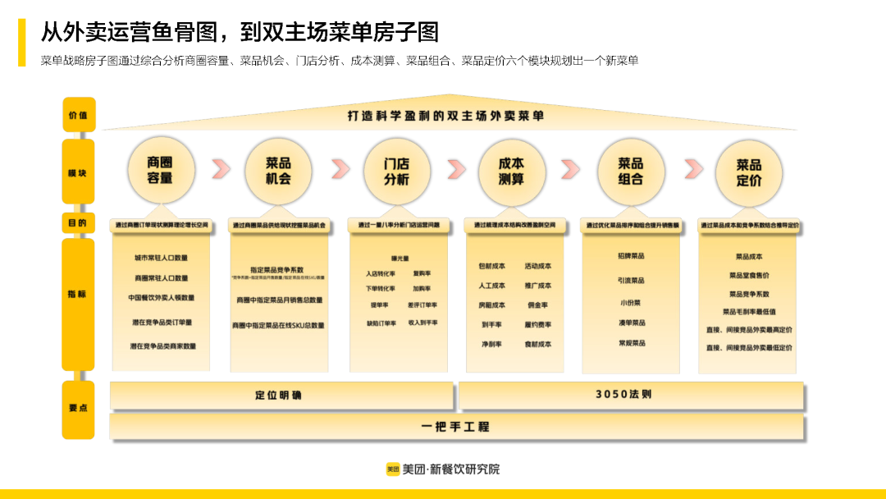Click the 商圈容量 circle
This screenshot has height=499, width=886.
point(160,171)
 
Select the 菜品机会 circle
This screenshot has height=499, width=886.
point(278,171)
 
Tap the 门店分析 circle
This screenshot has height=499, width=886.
point(397,171)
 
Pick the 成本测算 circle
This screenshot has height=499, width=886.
point(512,171)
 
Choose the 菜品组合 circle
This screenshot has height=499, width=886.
point(630,171)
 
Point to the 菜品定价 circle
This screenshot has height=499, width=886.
point(748,172)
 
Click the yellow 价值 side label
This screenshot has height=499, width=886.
point(79,115)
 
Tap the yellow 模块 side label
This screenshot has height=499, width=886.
point(79,172)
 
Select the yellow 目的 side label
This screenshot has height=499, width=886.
point(79,222)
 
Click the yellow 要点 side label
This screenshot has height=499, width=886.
point(79,408)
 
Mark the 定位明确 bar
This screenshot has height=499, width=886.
point(281,396)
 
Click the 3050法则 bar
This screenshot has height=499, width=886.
point(630,396)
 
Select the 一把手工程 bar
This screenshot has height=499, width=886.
point(456,427)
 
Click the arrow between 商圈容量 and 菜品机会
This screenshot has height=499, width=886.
point(221,169)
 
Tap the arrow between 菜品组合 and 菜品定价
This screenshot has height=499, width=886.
point(693,169)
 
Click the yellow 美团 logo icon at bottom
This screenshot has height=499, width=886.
point(393,469)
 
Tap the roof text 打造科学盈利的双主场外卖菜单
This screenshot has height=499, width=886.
point(445,117)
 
